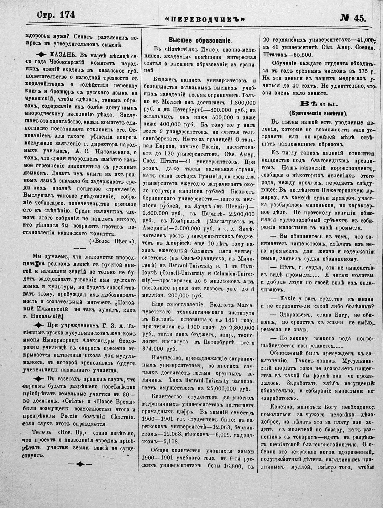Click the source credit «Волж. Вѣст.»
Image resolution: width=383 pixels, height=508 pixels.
(x=112, y=241)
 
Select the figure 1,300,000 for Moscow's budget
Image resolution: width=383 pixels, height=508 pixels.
(x=242, y=103)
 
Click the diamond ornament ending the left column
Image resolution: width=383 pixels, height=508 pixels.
(x=80, y=464)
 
